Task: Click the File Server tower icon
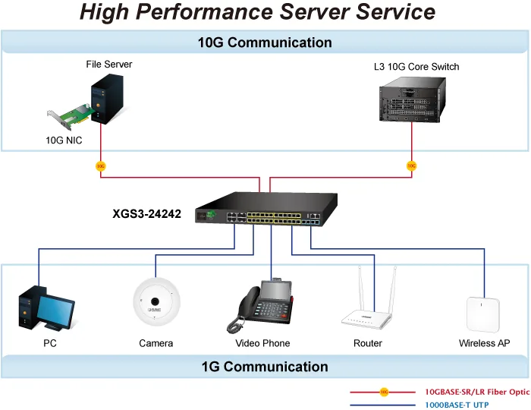pos(107,99)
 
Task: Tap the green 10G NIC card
pos(72,116)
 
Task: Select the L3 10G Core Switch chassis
pos(413,99)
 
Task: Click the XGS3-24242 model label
pos(146,214)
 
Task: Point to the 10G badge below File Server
pos(101,166)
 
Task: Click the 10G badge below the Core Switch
pos(411,166)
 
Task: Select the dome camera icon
pos(156,301)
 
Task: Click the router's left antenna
pos(362,288)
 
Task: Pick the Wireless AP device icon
pos(483,315)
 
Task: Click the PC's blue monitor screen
pos(55,311)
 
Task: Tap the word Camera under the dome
pos(156,343)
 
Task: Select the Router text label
pos(367,343)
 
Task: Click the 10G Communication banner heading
pos(265,43)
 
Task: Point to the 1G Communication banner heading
pos(265,367)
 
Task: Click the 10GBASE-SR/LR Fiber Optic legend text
pos(477,392)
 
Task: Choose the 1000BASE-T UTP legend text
pos(457,405)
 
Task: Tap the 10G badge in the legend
pos(384,392)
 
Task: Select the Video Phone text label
pos(262,343)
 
